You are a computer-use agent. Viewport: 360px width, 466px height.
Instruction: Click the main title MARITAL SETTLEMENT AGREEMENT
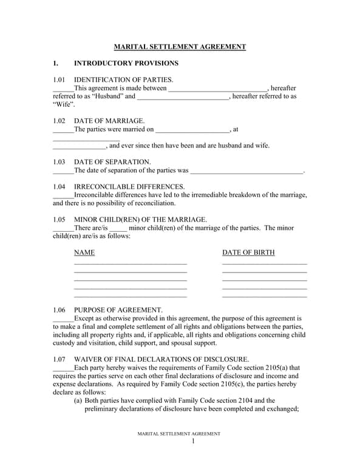click(x=180, y=47)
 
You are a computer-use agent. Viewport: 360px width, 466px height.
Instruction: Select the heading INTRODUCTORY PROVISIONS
click(x=126, y=63)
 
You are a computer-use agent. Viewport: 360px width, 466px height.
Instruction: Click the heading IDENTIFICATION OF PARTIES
click(x=123, y=79)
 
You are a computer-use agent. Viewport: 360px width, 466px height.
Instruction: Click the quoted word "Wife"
click(x=64, y=104)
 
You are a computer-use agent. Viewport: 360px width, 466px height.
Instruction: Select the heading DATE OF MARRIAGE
click(x=109, y=121)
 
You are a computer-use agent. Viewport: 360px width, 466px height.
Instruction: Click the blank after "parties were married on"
click(x=192, y=130)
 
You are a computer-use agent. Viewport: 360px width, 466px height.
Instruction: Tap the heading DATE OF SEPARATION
click(x=112, y=162)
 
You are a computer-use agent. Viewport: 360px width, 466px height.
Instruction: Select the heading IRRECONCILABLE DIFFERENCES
click(x=129, y=187)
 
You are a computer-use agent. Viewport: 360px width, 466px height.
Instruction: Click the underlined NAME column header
click(x=84, y=252)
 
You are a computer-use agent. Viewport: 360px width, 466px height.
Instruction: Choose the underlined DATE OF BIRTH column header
click(x=248, y=252)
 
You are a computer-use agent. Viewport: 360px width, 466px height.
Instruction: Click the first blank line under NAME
click(x=130, y=264)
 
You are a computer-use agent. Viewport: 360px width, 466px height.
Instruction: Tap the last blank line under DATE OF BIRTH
click(x=264, y=297)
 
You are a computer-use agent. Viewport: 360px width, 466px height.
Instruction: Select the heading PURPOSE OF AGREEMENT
click(x=118, y=310)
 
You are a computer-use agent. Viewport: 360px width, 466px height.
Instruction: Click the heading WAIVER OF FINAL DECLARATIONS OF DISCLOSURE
click(x=161, y=359)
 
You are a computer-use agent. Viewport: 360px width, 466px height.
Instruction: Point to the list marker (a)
click(x=78, y=400)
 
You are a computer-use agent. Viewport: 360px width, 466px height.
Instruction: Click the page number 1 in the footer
click(x=193, y=441)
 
